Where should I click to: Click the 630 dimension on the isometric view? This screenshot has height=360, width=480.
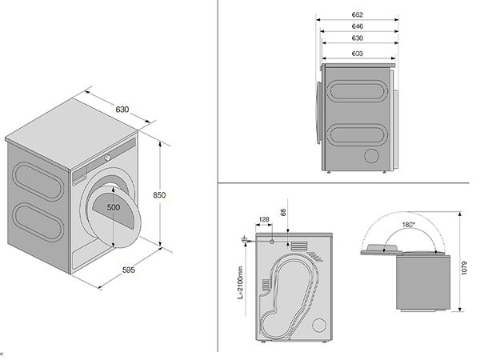click(x=122, y=109)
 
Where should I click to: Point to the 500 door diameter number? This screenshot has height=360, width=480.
click(x=114, y=208)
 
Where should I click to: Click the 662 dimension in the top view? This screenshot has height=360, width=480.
click(x=358, y=14)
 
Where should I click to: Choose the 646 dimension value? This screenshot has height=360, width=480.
click(x=358, y=26)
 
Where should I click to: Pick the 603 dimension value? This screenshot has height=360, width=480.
click(x=358, y=54)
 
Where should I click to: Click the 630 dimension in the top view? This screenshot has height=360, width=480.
click(x=358, y=38)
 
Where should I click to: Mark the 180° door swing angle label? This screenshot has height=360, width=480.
click(x=409, y=225)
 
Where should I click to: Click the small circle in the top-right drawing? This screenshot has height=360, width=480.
click(x=372, y=155)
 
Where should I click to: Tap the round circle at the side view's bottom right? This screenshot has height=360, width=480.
click(x=319, y=325)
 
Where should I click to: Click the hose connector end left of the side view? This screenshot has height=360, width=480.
click(x=242, y=238)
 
